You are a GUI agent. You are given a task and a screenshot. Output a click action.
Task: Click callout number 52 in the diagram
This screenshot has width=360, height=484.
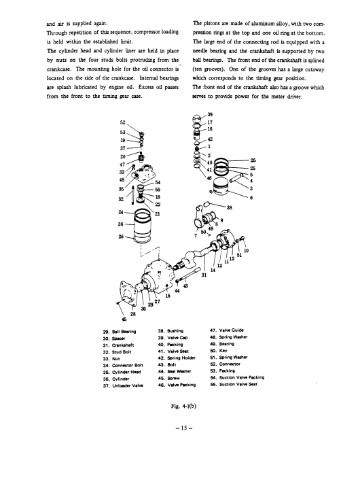(x=122, y=122)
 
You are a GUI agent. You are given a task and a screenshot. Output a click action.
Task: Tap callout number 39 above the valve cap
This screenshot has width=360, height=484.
(x=210, y=114)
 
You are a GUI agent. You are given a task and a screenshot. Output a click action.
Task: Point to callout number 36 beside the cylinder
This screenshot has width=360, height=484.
(x=121, y=224)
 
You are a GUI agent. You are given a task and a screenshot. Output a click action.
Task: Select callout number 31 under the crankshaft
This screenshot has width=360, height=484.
(x=204, y=275)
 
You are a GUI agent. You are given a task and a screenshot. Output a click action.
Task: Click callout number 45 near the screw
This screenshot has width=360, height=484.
(x=124, y=319)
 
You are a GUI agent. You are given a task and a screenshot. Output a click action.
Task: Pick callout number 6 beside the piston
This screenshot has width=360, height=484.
(x=251, y=198)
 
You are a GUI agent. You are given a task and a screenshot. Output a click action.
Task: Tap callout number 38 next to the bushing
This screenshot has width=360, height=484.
(x=229, y=208)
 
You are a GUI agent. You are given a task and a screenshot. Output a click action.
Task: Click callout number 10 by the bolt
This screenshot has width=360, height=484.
(x=246, y=251)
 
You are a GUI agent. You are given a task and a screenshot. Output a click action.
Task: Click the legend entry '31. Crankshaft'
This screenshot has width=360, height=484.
(x=118, y=345)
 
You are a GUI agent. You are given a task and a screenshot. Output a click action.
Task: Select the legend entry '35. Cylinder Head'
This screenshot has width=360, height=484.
(x=122, y=372)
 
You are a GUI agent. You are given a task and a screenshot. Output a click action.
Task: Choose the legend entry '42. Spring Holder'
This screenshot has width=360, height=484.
(x=177, y=358)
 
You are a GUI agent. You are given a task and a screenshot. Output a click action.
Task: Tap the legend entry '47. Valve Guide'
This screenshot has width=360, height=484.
(x=227, y=330)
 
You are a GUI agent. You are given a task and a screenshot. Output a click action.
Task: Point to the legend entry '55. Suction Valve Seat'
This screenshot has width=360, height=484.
(x=234, y=384)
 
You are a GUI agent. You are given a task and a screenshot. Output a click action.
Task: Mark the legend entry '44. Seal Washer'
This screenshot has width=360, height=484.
(x=175, y=371)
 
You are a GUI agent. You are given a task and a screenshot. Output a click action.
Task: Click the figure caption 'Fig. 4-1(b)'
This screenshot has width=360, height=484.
(x=183, y=407)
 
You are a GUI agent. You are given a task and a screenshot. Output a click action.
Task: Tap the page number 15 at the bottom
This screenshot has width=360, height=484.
(x=184, y=428)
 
